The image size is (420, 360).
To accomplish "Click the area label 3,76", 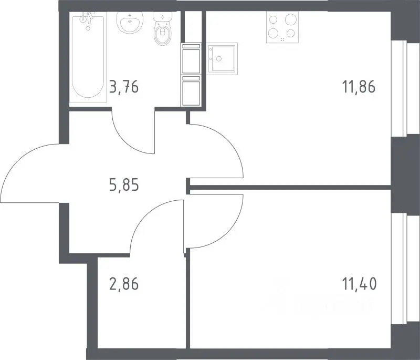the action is pos(124,87).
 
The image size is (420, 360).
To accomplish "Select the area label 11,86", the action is pos(359,87).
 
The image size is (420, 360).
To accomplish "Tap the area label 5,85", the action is pos(124,184).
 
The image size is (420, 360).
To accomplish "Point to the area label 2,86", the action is pos(124,284).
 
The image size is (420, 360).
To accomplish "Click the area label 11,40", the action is pos(360,284).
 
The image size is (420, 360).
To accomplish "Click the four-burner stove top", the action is pos(282,27).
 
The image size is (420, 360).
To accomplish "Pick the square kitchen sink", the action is pos(222,59).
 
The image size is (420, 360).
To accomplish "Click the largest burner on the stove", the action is pos(290,19).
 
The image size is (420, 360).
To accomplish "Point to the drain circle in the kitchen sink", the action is pos(219,59).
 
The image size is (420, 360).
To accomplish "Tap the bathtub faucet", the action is pos(87,17).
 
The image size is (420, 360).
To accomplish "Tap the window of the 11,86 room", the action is pos(405,88).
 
